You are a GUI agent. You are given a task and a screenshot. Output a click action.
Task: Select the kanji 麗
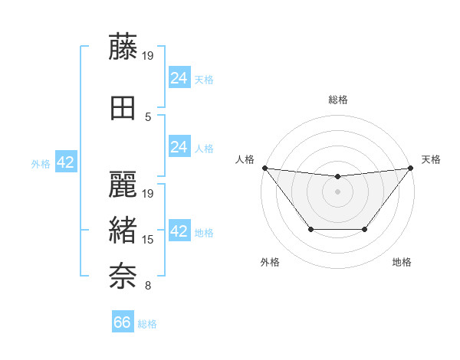pos(124,185)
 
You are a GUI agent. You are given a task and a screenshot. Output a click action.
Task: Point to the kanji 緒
pos(124,231)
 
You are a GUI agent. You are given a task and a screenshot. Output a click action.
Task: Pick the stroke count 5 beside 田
pos(148,116)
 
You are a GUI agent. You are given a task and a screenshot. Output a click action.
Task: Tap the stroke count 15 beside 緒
pos(149,240)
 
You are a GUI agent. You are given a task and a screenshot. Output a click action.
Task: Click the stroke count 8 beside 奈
pos(148,286)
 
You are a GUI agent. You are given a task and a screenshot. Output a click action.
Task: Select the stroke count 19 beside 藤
pos(149,55)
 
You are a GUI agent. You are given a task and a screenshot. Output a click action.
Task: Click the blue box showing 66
pos(123,322)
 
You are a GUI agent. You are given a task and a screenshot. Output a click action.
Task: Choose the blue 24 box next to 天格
pos(179,77)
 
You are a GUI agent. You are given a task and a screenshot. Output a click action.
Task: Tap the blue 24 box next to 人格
pos(179,147)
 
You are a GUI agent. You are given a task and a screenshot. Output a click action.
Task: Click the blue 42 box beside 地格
pos(179,231)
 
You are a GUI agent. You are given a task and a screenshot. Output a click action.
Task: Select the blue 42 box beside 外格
pos(65,162)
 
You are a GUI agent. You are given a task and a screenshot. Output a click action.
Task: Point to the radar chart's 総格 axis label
pos(338,100)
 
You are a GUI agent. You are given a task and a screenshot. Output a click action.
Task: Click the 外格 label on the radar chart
pos(270,262)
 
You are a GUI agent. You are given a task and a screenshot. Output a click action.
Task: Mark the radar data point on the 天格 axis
pos(411,168)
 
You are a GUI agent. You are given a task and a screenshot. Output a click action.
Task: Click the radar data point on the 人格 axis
pos(264,168)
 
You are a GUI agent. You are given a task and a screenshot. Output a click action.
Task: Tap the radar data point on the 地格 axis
pos(365,229)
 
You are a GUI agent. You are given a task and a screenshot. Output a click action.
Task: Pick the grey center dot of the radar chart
pos(337,191)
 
